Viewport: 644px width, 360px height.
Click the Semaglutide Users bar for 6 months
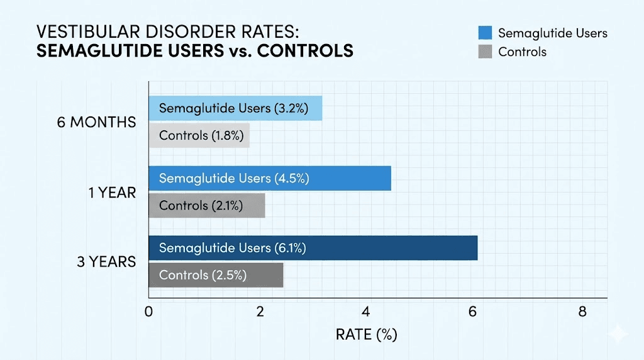coord(235,108)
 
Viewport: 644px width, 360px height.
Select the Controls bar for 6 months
coord(199,135)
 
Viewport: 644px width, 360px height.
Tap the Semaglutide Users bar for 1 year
coord(270,178)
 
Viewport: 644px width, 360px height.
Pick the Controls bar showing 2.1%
coord(206,205)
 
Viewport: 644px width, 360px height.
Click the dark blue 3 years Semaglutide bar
coord(313,248)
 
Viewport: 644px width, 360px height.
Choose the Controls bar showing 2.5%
coord(216,275)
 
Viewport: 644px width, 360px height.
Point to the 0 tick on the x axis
coord(149,312)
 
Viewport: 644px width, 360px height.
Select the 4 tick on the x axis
coord(367,312)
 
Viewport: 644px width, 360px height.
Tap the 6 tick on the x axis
coord(474,312)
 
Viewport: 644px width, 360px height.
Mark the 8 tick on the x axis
coord(582,312)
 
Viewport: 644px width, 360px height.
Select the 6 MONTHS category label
coord(96,122)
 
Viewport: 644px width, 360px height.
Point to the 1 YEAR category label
coord(112,192)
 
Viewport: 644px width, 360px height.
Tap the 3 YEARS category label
coord(106,261)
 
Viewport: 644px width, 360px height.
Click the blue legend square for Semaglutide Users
coord(484,33)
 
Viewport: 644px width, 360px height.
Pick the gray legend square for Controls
coord(484,52)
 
